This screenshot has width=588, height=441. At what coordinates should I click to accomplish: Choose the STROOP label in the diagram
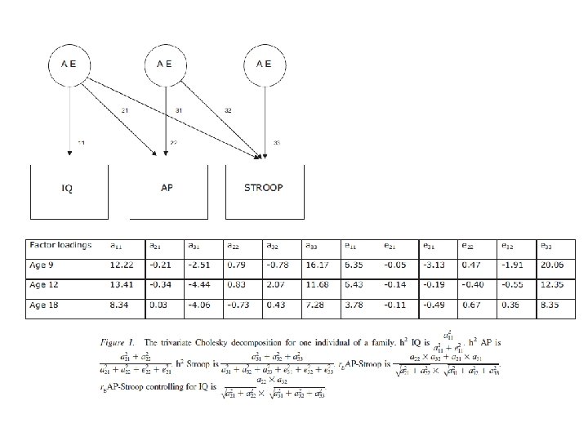tap(263, 187)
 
